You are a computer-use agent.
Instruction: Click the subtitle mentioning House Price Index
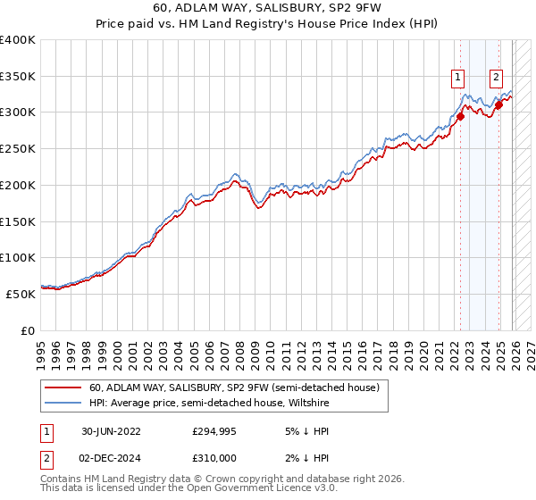tap(268, 24)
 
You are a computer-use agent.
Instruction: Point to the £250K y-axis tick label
tap(18, 148)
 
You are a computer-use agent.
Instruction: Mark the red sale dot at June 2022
tap(461, 115)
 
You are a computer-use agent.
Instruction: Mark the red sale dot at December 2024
tap(498, 104)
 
